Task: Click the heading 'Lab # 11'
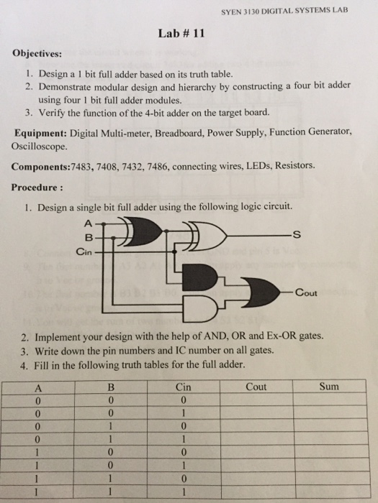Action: (189, 34)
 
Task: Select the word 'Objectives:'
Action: (37, 54)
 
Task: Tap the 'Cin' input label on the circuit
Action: (84, 252)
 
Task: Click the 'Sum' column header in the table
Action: (330, 387)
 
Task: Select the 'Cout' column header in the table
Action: (256, 387)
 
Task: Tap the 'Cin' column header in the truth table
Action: (184, 387)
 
